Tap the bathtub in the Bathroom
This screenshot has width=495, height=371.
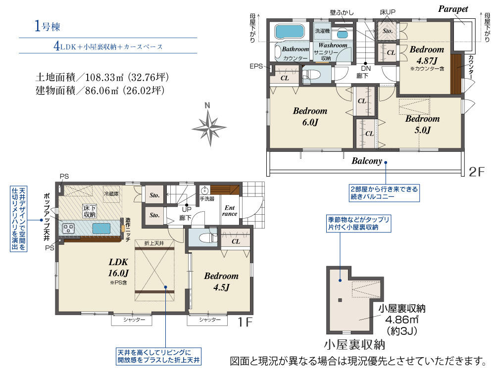point(289,31)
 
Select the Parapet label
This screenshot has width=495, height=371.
point(453,9)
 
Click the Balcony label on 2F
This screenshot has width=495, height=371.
point(367,161)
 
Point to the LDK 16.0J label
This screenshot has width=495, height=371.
point(118,268)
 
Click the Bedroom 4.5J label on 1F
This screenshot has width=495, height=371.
point(221,281)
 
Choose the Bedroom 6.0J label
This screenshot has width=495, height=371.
point(310,116)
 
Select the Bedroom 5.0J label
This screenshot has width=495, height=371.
point(422,124)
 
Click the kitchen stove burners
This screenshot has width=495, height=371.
point(68,228)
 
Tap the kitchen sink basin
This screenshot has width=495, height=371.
point(101,228)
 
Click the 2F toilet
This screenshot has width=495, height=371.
point(311,75)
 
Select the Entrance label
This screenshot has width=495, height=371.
point(230,210)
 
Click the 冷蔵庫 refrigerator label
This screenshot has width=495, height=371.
point(111,193)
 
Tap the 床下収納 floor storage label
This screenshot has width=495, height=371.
point(89,211)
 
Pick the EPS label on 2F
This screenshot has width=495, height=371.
point(256,66)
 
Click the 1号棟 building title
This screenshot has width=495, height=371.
point(47,26)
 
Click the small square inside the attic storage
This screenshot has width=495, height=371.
point(340,300)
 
